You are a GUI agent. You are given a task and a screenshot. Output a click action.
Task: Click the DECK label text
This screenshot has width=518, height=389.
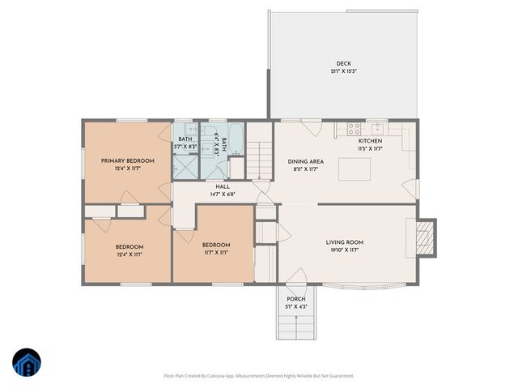344,64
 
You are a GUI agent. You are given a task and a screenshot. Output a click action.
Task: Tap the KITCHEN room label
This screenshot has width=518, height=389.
370,141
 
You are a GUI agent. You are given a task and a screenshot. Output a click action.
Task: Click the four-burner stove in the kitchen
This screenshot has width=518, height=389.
353,127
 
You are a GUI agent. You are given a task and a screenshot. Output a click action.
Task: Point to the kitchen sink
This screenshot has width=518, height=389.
377,128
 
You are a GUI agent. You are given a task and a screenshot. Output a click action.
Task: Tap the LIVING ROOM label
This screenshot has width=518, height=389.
344,242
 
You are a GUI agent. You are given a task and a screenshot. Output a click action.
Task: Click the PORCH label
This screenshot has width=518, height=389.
295,299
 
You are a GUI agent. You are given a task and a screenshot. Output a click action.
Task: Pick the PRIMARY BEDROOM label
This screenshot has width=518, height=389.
121,160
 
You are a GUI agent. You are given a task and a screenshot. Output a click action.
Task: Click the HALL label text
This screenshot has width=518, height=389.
211,186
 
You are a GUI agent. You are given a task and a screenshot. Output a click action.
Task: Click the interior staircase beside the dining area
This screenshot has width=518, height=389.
259,159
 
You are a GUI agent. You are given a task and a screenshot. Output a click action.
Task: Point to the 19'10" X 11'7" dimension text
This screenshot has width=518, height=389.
344,250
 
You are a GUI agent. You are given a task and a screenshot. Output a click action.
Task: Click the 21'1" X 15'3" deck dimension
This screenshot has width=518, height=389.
344,72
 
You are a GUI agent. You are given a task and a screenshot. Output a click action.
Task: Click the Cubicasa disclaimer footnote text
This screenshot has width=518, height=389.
258,376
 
